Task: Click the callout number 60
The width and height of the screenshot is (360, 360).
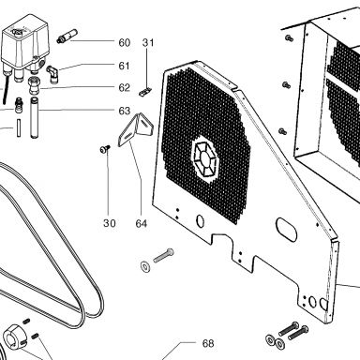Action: pyautogui.click(x=124, y=42)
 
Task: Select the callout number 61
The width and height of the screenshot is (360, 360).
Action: pyautogui.click(x=124, y=66)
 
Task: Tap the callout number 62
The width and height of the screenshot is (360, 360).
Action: pyautogui.click(x=124, y=87)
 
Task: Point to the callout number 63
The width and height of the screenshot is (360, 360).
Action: pyautogui.click(x=124, y=111)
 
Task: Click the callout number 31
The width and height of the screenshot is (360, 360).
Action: pyautogui.click(x=148, y=42)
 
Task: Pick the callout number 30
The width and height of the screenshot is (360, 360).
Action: pyautogui.click(x=110, y=223)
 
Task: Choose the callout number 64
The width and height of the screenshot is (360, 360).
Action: pyautogui.click(x=142, y=223)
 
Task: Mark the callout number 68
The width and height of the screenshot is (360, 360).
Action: pyautogui.click(x=208, y=343)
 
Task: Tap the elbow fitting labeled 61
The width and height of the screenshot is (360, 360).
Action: pyautogui.click(x=52, y=74)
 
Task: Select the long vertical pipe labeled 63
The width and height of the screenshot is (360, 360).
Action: pyautogui.click(x=34, y=118)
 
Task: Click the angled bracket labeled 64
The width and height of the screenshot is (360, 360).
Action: pyautogui.click(x=136, y=129)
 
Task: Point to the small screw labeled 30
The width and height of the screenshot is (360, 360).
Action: pyautogui.click(x=105, y=149)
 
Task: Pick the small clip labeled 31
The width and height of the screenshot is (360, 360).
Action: pyautogui.click(x=144, y=92)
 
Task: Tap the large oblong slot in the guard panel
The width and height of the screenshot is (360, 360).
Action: pyautogui.click(x=286, y=230)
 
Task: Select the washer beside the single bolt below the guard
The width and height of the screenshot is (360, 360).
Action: pyautogui.click(x=145, y=266)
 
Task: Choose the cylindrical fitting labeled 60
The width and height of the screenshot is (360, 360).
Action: pyautogui.click(x=67, y=36)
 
